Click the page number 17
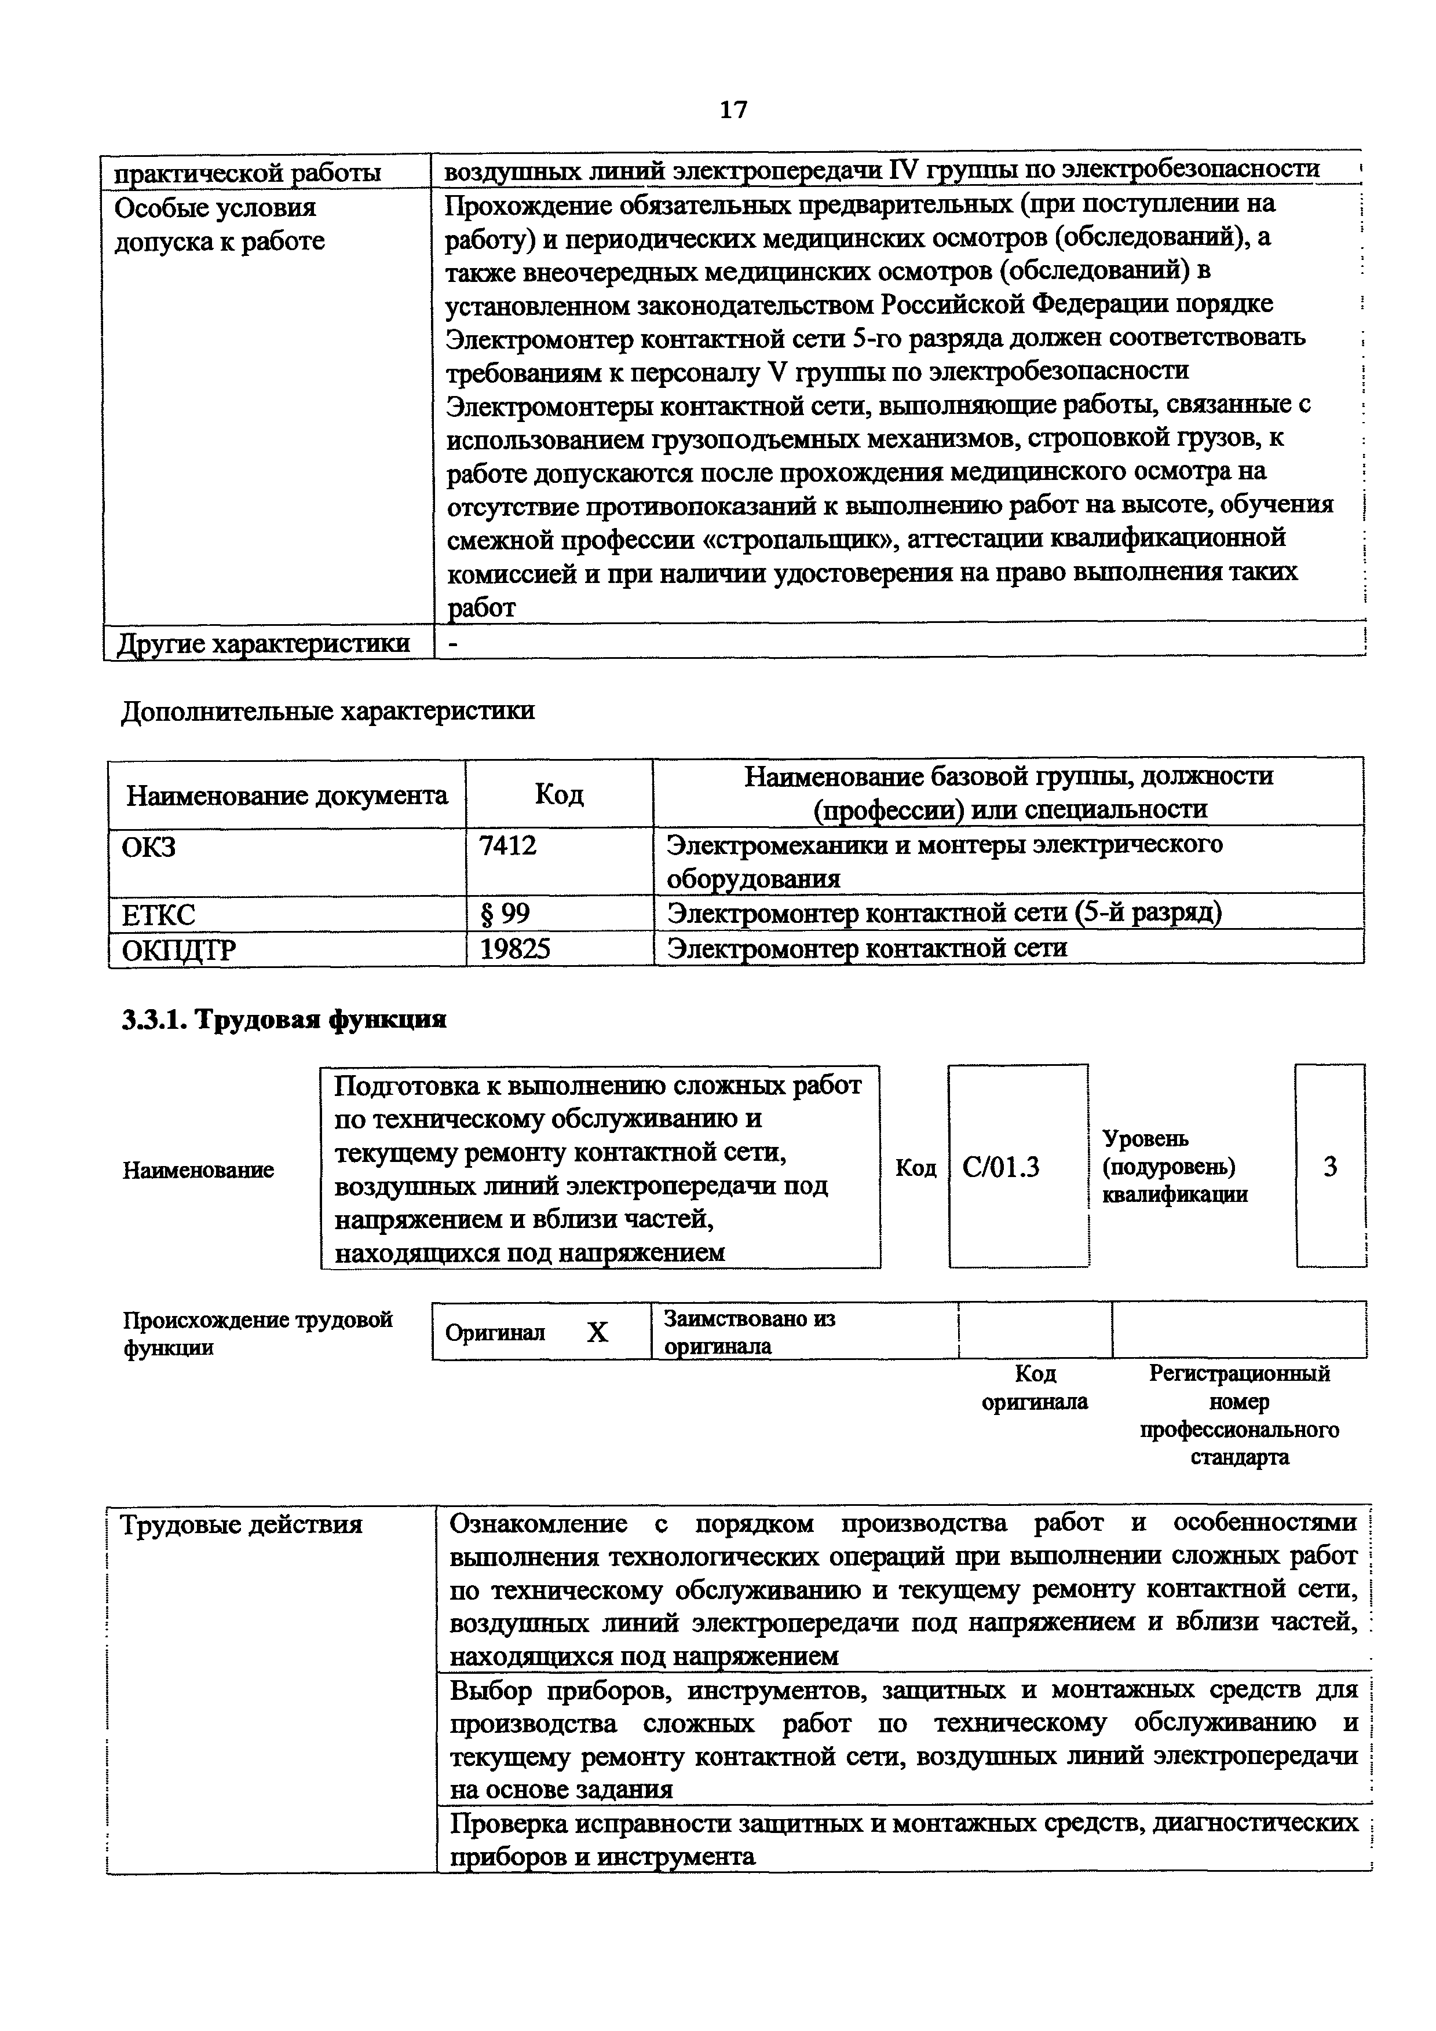pos(733,109)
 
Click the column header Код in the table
pos(558,794)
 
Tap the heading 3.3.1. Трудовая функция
pos(284,1020)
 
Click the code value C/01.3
pos(1001,1168)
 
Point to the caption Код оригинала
pos(1035,1387)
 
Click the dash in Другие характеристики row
pos(454,644)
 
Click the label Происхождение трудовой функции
pos(257,1333)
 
